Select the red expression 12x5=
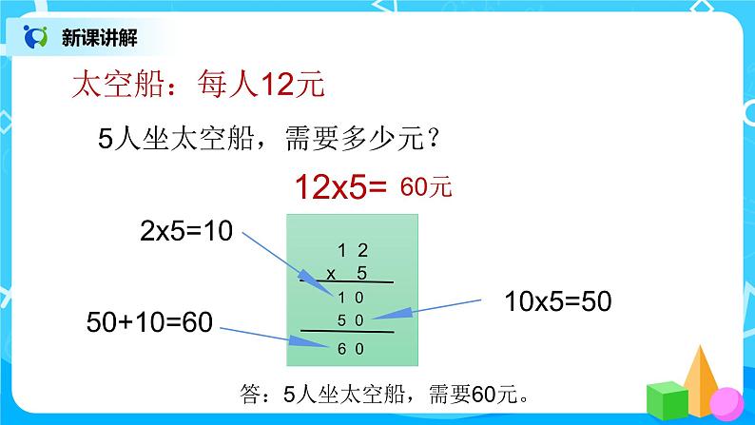[x=339, y=187]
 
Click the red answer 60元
[x=426, y=187]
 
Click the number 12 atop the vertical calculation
[x=353, y=252]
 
